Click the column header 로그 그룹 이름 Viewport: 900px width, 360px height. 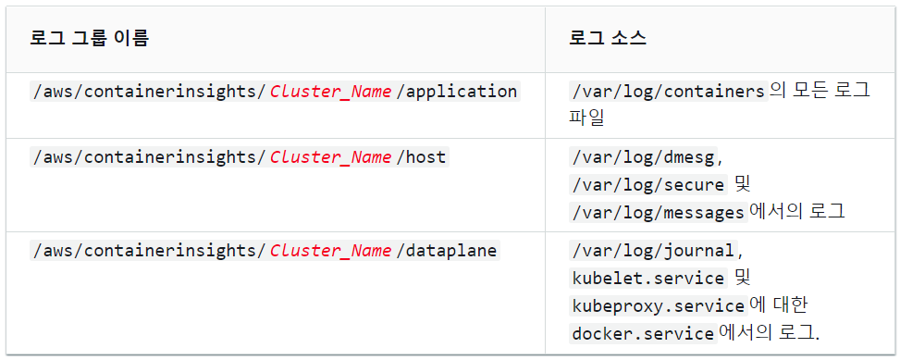point(89,38)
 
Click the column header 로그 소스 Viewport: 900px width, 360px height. point(608,38)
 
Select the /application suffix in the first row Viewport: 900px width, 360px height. point(457,92)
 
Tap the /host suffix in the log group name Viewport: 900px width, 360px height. point(421,156)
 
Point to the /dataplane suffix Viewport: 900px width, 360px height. point(447,251)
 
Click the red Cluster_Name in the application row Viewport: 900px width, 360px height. point(330,92)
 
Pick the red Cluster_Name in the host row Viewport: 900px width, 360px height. point(330,156)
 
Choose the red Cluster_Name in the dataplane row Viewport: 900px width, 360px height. point(330,251)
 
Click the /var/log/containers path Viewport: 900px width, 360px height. point(668,92)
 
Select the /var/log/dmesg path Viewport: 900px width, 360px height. point(643,156)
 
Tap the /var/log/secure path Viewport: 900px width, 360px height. point(648,185)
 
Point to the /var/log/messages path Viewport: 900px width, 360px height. point(658,213)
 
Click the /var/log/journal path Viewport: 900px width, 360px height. point(653,251)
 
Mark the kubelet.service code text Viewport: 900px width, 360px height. point(648,279)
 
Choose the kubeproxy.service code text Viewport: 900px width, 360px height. point(658,306)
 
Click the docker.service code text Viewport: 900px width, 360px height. point(643,333)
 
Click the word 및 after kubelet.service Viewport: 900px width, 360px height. point(742,279)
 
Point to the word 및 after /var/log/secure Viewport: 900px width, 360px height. point(742,185)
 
